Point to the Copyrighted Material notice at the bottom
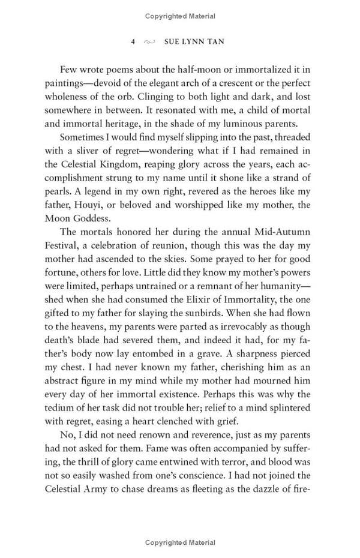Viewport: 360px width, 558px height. click(x=179, y=542)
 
